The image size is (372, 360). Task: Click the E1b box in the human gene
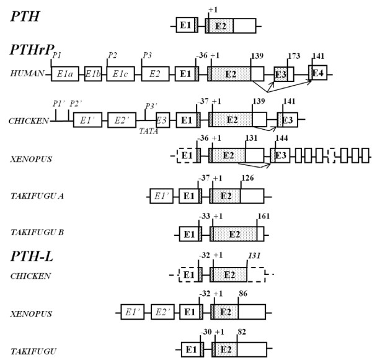coord(94,74)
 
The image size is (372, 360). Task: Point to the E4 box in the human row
coord(319,73)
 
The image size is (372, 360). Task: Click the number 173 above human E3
coord(294,56)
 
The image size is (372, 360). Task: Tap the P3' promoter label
coord(150,106)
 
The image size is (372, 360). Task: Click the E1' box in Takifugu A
coord(161,197)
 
